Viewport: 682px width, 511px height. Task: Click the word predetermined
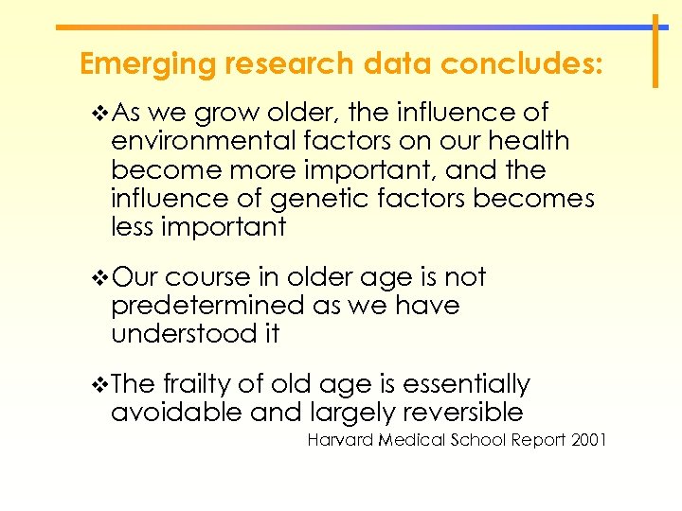[x=203, y=306]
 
